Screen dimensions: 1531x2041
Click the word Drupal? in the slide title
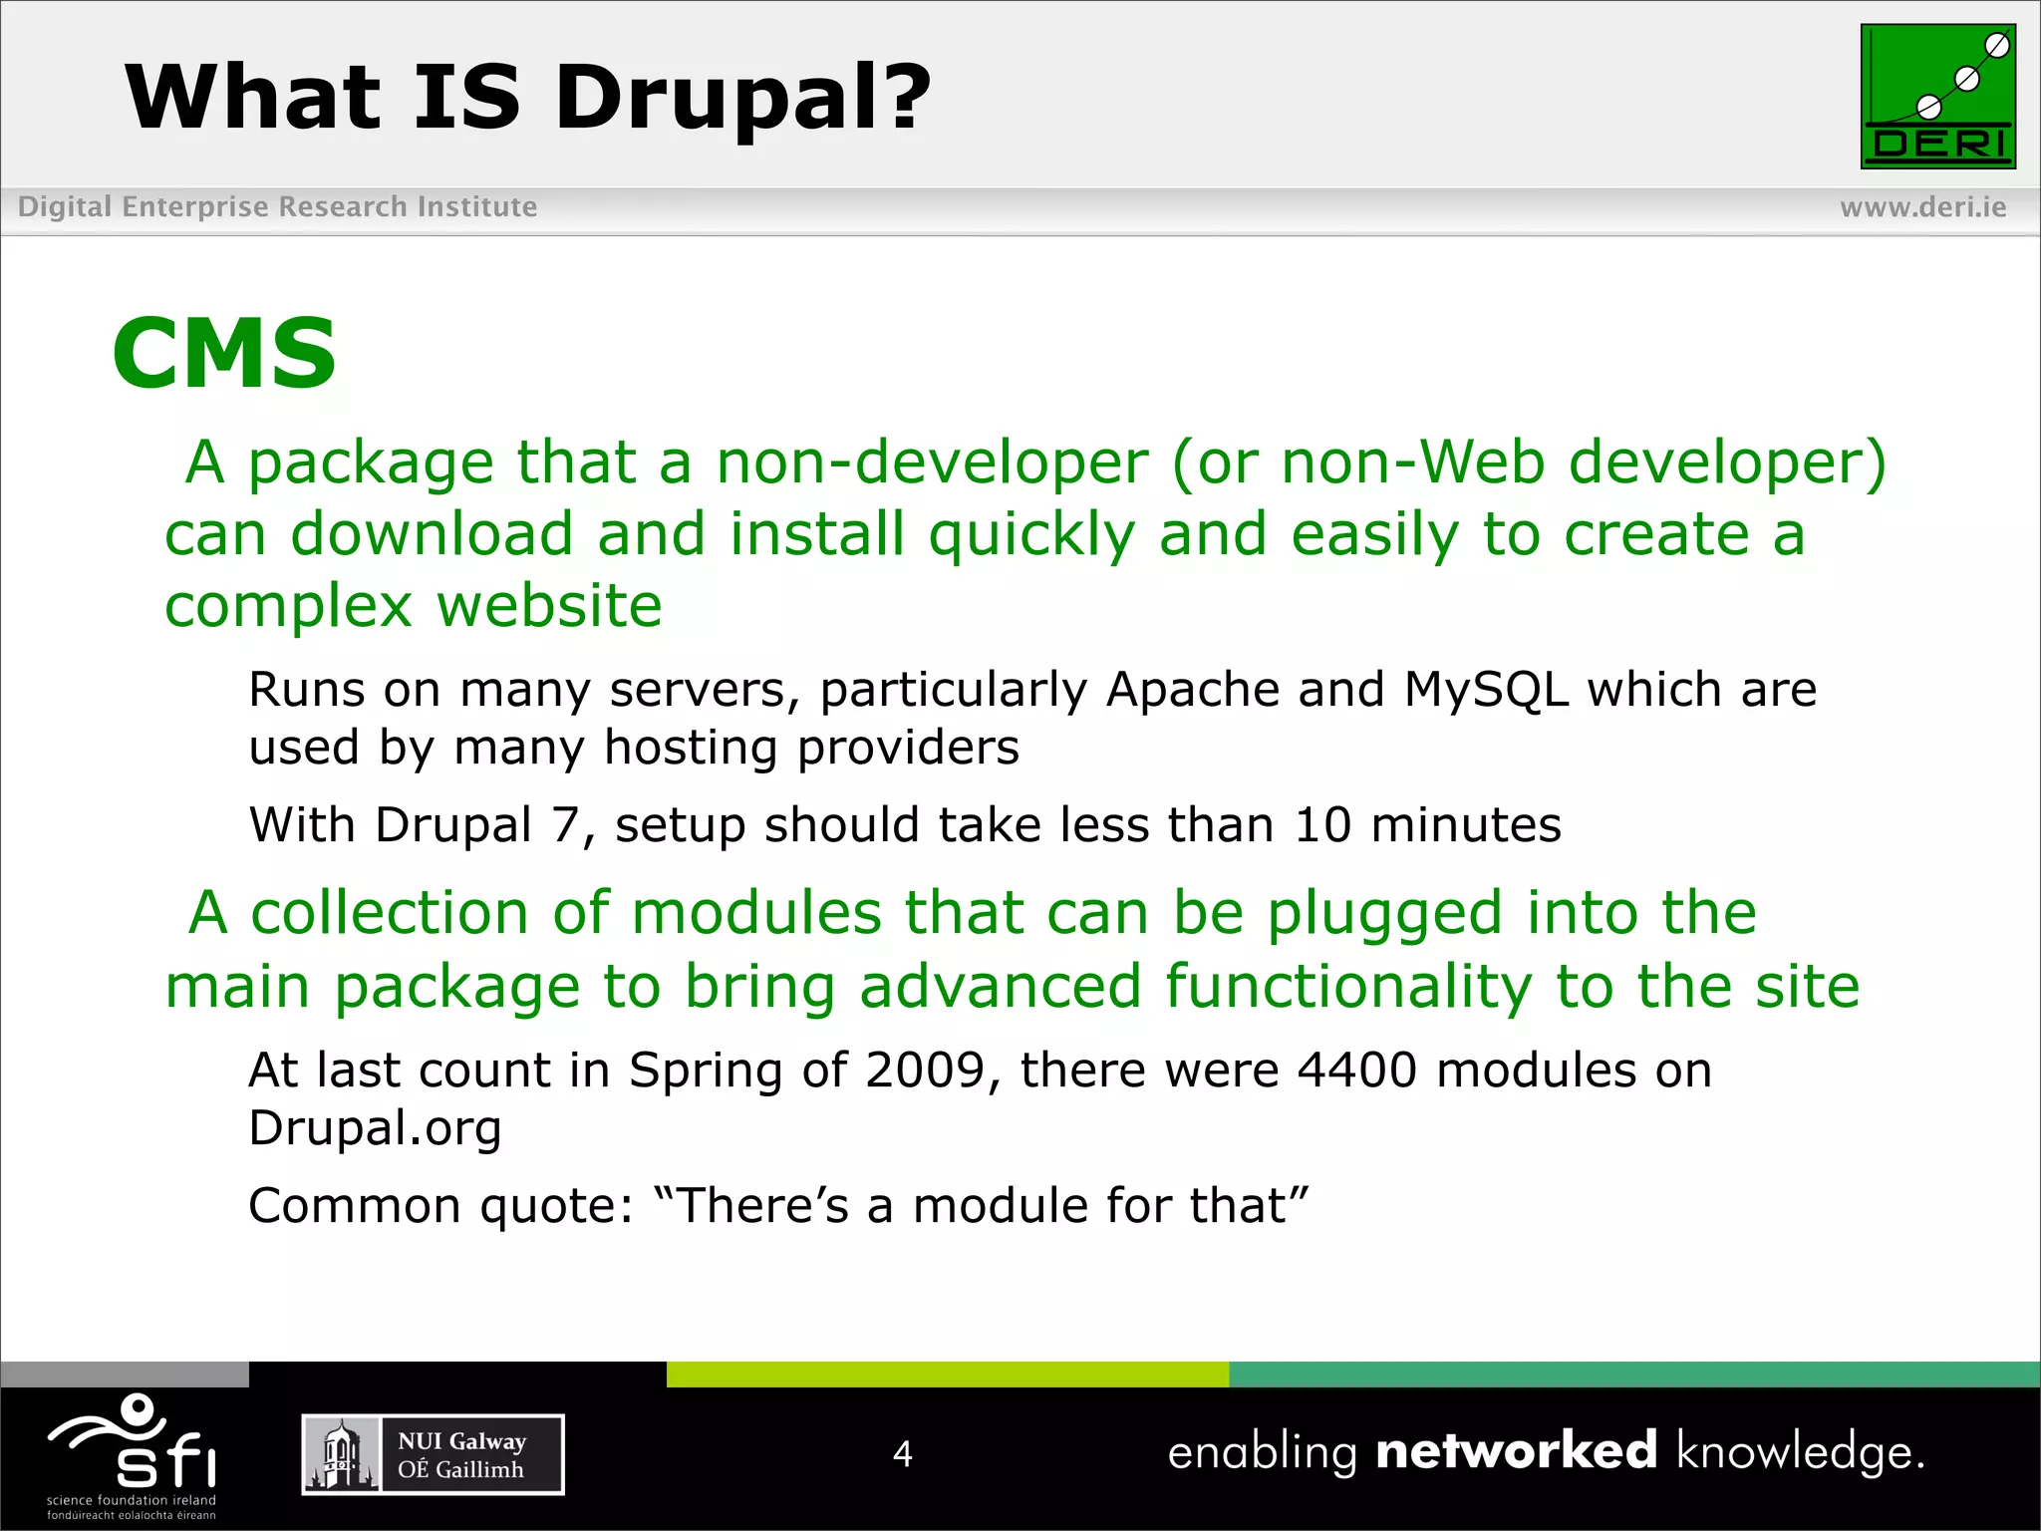pyautogui.click(x=742, y=98)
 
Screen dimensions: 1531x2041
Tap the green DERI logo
pyautogui.click(x=1937, y=97)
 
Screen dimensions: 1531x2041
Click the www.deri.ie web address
pyautogui.click(x=1922, y=207)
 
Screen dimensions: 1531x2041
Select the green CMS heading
pyautogui.click(x=224, y=353)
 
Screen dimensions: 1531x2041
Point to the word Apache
pyautogui.click(x=1193, y=690)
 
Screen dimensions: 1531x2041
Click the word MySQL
pyautogui.click(x=1486, y=690)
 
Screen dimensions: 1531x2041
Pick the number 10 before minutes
pyautogui.click(x=1322, y=825)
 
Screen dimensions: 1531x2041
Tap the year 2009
pyautogui.click(x=925, y=1071)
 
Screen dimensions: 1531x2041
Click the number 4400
pyautogui.click(x=1356, y=1071)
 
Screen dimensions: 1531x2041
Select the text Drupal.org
pyautogui.click(x=375, y=1129)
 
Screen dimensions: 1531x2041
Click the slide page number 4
pyautogui.click(x=902, y=1453)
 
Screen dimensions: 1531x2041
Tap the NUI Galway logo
pyautogui.click(x=433, y=1454)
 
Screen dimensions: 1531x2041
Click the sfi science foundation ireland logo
pyautogui.click(x=132, y=1455)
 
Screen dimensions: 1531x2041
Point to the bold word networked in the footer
pyautogui.click(x=1516, y=1450)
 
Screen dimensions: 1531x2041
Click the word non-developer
pyautogui.click(x=932, y=462)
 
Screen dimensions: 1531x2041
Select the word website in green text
pyautogui.click(x=549, y=606)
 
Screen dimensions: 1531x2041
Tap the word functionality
pyautogui.click(x=1348, y=987)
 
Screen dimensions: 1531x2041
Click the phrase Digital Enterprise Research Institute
pyautogui.click(x=277, y=207)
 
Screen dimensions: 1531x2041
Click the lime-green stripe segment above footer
pyautogui.click(x=947, y=1375)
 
